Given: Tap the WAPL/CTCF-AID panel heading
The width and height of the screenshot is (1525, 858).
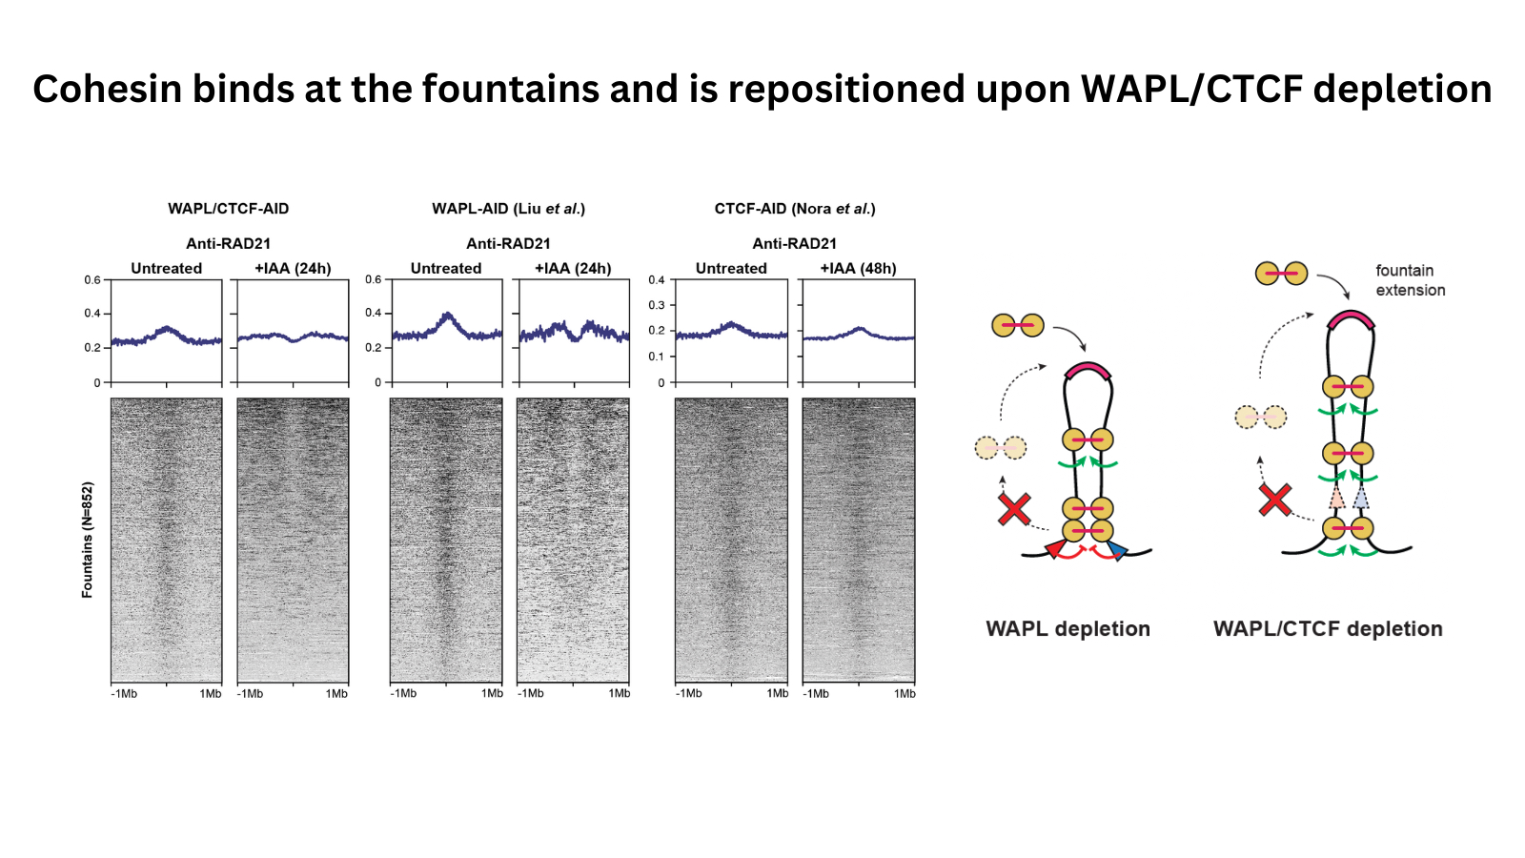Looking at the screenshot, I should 228,209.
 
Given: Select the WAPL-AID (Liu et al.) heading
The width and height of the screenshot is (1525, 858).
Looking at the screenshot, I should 508,209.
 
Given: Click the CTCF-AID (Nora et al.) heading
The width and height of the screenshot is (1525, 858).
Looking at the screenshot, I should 794,209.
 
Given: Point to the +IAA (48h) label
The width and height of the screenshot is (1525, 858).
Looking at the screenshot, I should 858,269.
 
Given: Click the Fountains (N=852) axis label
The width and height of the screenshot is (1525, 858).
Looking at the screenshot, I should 88,540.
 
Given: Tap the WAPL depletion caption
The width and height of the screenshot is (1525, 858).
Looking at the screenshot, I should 1067,629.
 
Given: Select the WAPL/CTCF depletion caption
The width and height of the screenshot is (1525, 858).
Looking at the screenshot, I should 1328,629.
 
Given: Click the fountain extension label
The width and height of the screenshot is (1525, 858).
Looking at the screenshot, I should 1410,280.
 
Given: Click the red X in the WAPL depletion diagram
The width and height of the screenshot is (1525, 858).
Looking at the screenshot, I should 1014,509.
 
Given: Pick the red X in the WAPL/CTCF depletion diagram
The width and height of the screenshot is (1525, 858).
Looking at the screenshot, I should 1275,500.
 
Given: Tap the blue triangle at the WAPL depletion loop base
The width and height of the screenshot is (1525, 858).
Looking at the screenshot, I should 1116,550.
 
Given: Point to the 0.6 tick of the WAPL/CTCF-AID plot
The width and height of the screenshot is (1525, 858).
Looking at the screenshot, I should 92,280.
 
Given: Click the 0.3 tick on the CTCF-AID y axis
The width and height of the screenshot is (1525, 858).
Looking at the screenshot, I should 657,305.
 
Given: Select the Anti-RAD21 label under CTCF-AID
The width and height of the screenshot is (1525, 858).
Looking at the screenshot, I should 794,244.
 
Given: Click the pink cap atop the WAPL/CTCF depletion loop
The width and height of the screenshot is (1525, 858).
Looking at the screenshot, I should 1351,319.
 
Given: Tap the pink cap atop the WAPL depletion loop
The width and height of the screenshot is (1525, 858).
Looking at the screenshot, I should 1088,371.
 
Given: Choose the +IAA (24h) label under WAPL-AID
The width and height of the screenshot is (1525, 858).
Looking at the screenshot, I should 572,269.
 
